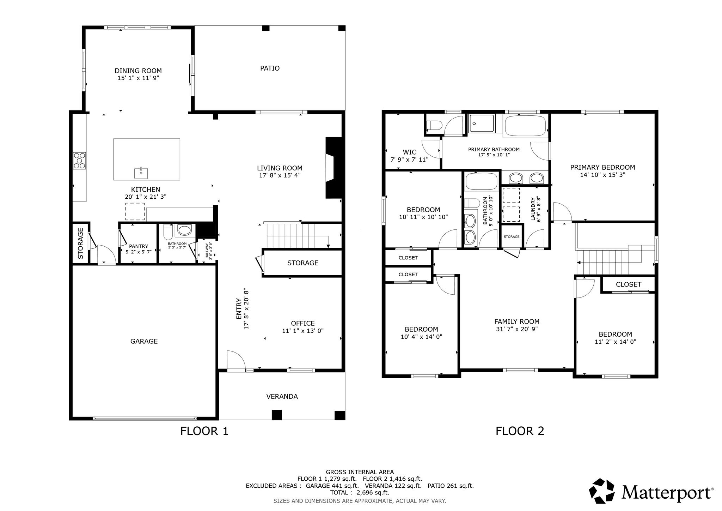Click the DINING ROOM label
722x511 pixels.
[x=138, y=71]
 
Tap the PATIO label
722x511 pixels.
[x=270, y=68]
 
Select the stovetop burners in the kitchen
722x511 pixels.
[x=79, y=161]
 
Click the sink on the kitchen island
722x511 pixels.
[x=141, y=173]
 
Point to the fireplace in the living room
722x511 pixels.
[x=334, y=168]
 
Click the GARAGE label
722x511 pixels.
[x=144, y=341]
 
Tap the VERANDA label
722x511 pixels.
[x=282, y=396]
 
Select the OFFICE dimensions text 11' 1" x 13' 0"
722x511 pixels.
[x=303, y=331]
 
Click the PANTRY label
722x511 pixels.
[x=139, y=246]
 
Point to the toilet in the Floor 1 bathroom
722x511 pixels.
[x=168, y=232]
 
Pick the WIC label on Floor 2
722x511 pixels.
[x=410, y=152]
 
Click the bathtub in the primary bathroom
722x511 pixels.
[x=525, y=126]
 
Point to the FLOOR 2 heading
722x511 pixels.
[x=520, y=431]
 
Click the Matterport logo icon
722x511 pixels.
[x=604, y=491]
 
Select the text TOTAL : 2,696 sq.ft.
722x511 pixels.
[x=360, y=493]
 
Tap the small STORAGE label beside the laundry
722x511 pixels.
[x=512, y=236]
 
